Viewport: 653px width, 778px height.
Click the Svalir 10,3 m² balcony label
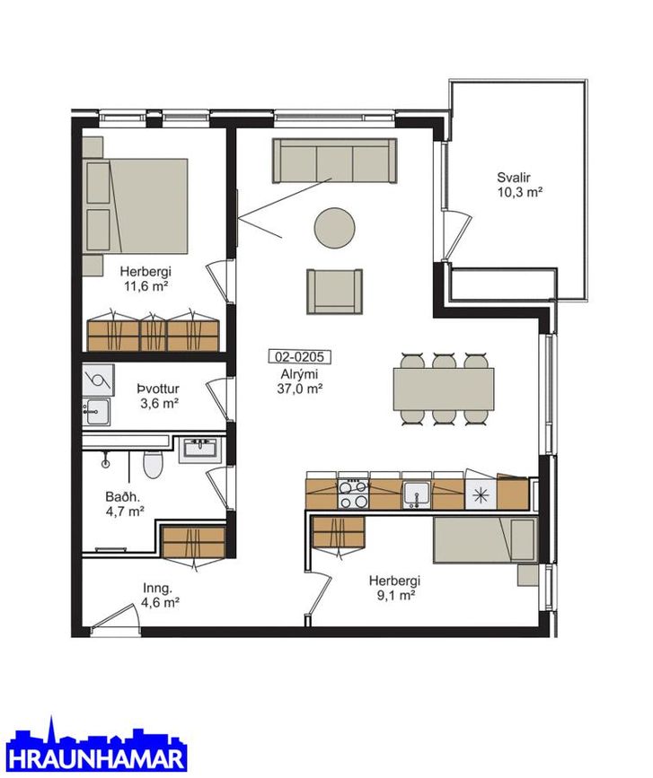point(519,185)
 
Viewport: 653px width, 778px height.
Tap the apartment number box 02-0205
point(299,357)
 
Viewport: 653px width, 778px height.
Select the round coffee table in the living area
point(334,227)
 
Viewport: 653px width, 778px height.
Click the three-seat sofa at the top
point(334,161)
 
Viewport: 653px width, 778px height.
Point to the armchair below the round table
point(334,292)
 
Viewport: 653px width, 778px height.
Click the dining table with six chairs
point(444,389)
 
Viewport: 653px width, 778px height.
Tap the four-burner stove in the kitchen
point(353,494)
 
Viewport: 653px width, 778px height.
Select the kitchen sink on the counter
point(416,494)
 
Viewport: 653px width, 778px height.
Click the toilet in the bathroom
point(153,465)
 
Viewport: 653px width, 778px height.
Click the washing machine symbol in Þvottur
point(98,380)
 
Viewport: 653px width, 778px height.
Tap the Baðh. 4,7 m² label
point(125,503)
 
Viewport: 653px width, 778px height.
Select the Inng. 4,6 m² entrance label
point(161,596)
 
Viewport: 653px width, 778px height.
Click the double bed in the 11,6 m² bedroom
point(135,205)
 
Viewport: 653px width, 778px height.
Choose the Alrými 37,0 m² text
point(299,381)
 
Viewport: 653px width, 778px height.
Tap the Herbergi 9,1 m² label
point(394,588)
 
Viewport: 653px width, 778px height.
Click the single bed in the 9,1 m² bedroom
point(485,540)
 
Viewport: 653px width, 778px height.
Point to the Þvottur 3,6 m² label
point(158,396)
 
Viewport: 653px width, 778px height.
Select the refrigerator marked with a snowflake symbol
point(481,494)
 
